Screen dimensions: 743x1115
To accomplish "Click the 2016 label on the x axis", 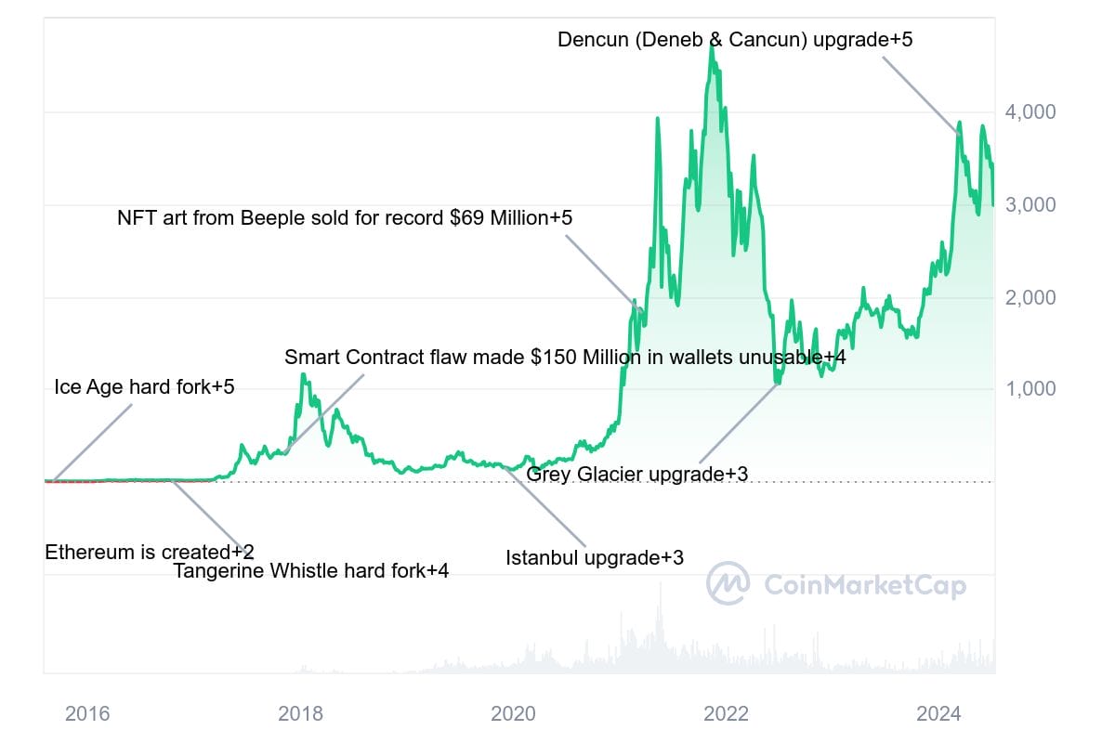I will [x=87, y=714].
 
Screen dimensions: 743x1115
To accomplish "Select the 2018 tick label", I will [x=300, y=714].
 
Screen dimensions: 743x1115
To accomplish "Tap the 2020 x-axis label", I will [x=513, y=714].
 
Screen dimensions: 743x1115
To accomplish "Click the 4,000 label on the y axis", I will [x=1032, y=112].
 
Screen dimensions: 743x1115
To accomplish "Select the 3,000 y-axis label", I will [x=1032, y=205].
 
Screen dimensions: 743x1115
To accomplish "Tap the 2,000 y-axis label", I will [x=1032, y=298].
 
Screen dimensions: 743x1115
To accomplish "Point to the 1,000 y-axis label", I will [x=1032, y=389].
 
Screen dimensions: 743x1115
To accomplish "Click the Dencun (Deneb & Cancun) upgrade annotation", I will [x=735, y=40].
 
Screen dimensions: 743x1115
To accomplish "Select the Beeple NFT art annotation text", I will [x=345, y=218].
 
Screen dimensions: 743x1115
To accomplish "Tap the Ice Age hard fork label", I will [x=144, y=387].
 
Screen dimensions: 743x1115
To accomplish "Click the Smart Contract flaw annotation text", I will [x=565, y=357].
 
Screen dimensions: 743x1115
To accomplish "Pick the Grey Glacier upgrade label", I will [x=636, y=475].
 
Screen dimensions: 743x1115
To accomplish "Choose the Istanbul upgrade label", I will [x=595, y=558].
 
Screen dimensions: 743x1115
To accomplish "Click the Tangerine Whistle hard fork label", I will [x=311, y=571].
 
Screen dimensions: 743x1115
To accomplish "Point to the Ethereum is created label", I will [x=150, y=553].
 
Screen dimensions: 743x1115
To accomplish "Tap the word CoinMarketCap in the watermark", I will [x=865, y=585].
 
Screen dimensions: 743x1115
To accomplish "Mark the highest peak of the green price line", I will [x=712, y=44].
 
